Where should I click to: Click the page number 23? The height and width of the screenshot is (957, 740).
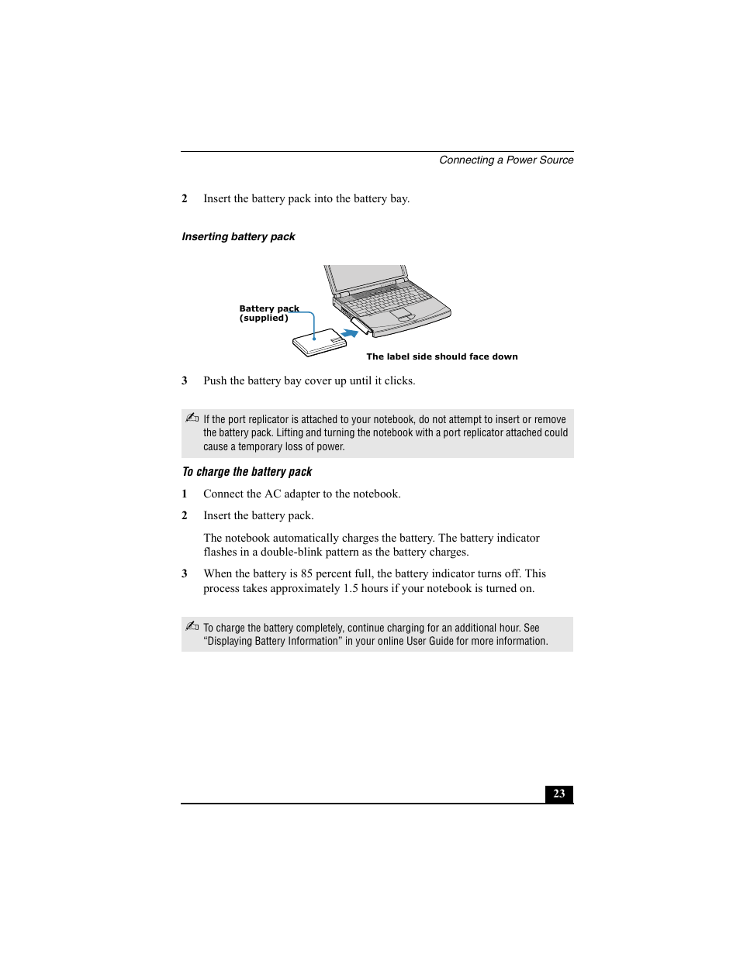coord(558,793)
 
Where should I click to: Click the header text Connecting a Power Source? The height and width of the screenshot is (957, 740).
coord(506,160)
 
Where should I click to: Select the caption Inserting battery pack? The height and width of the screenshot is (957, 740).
coord(238,236)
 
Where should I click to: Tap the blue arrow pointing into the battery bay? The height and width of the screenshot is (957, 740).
coord(351,331)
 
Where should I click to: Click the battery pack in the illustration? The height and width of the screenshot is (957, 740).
coord(319,343)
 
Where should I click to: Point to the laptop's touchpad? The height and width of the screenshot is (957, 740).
coord(400,313)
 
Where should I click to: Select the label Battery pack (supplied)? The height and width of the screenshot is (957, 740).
coord(268,313)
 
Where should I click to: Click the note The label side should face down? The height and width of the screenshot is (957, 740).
coord(441,356)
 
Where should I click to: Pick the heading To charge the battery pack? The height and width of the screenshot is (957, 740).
coord(247,472)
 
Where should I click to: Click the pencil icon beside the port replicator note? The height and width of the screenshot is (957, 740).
coord(192,418)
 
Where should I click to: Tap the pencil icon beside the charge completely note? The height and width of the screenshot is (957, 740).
coord(192,626)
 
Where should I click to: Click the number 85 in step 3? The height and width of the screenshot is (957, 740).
coord(306,573)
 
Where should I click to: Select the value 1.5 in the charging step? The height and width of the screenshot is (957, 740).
coord(351,588)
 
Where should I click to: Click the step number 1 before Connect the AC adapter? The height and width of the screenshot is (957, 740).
coord(185,494)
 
